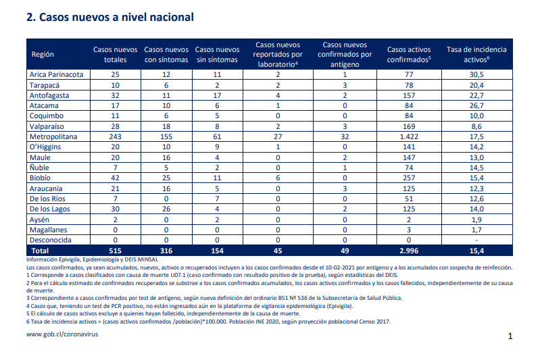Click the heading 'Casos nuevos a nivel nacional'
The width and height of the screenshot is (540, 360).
116,17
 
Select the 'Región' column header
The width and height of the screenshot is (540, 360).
43,54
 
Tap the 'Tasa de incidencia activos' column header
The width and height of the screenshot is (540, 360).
476,55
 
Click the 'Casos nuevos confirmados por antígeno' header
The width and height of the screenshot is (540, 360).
345,55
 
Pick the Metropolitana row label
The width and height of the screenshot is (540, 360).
53,136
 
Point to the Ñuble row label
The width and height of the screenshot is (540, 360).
39,168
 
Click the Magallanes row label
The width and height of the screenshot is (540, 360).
48,230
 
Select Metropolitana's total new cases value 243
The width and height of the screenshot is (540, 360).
115,136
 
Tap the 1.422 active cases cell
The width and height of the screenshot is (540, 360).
409,136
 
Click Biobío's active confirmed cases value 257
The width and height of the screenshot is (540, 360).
409,178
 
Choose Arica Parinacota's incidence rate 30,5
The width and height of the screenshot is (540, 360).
476,74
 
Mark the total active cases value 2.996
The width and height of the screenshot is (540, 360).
409,251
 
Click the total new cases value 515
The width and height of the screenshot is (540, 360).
115,251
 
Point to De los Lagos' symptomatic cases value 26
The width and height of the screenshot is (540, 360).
166,209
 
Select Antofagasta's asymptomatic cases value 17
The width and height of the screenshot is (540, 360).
217,95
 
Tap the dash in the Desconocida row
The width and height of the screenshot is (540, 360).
476,240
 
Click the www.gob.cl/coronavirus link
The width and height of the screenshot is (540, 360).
62,334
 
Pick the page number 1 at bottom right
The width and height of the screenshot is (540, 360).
510,336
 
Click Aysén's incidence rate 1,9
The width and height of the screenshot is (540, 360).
476,220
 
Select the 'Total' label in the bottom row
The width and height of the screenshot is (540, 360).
40,251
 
